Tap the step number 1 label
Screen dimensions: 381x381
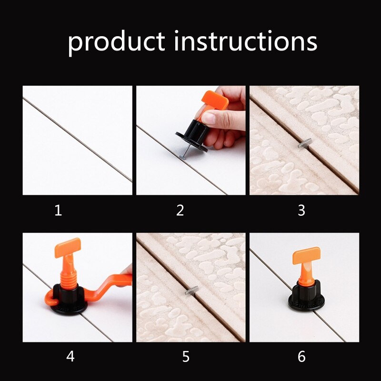(x=58, y=210)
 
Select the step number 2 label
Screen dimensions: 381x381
(x=180, y=210)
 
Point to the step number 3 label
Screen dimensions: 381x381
(x=301, y=210)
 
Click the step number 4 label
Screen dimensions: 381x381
(x=70, y=356)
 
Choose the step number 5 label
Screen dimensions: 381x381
(x=186, y=356)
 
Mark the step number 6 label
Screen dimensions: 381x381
(x=301, y=356)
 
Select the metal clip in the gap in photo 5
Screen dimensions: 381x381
(x=192, y=289)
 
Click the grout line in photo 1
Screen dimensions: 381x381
(x=76, y=139)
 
